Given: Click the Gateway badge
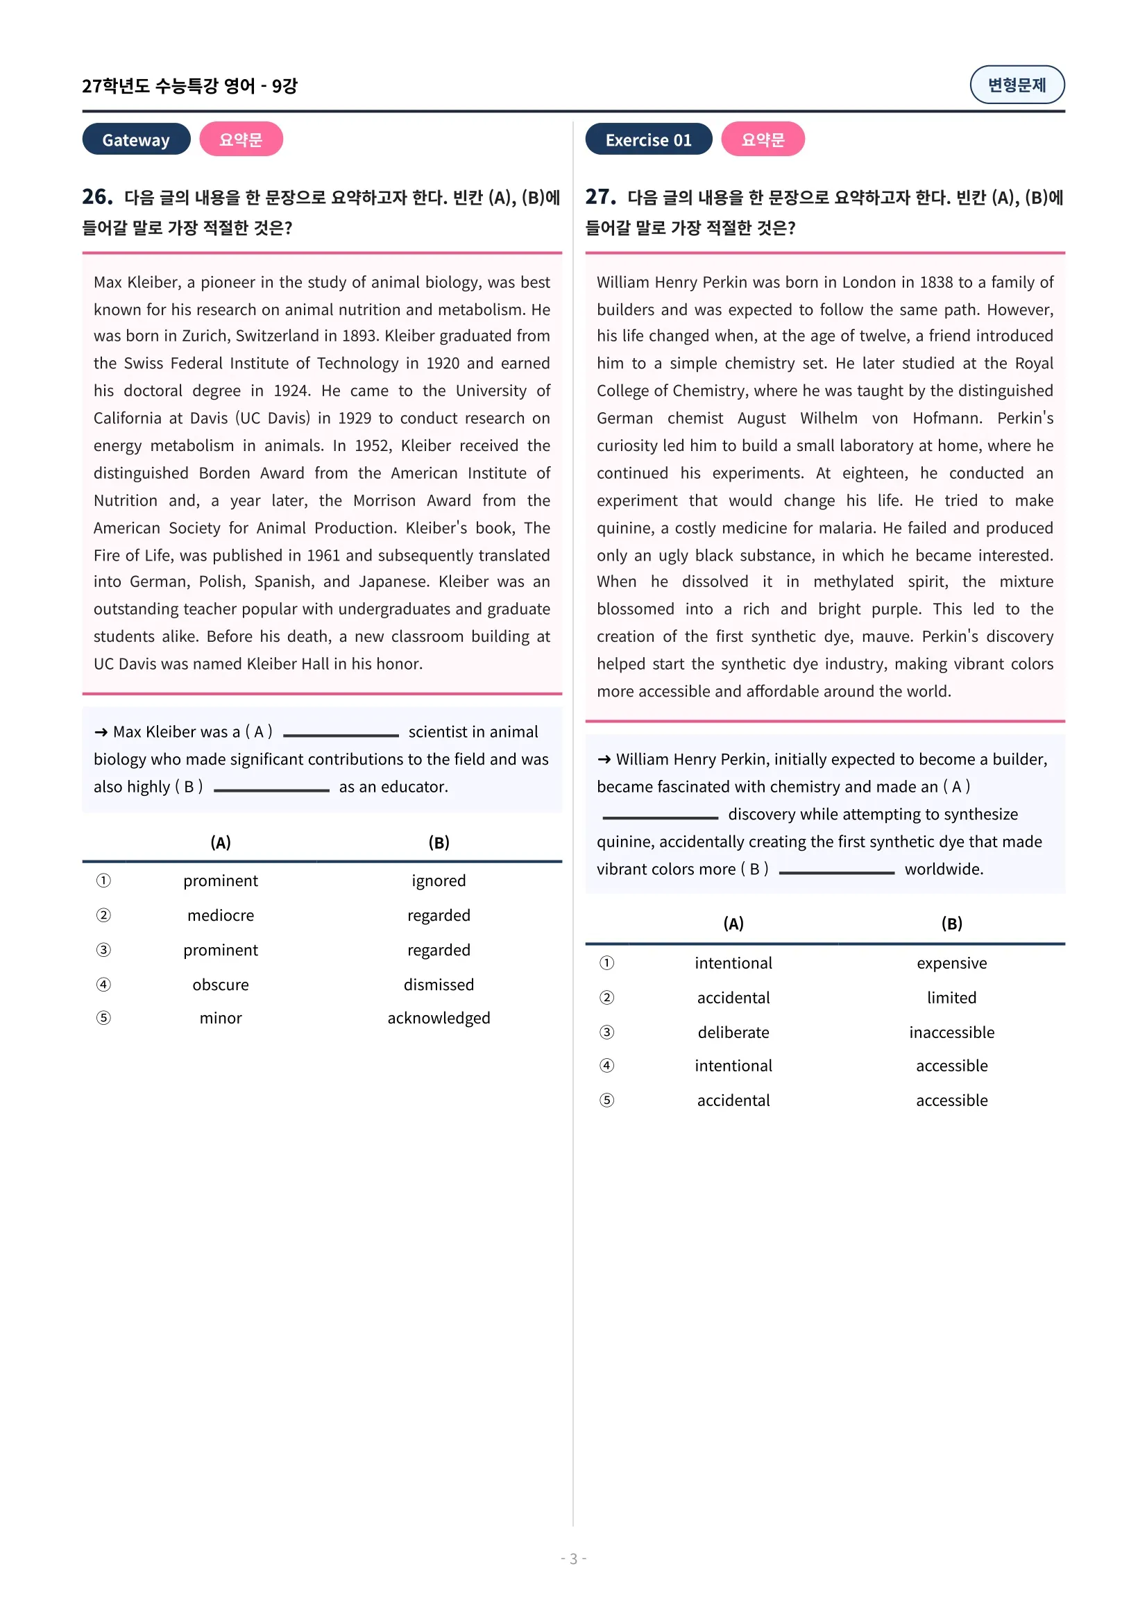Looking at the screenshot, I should [x=136, y=139].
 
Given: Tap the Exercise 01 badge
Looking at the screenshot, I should [x=648, y=139].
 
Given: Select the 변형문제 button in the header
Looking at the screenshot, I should [x=1017, y=85].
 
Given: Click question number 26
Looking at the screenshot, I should [x=98, y=196].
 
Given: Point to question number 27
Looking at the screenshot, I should [x=601, y=196].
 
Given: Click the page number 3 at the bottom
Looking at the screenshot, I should [x=573, y=1558].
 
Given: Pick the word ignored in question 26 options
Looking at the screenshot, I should [x=438, y=881].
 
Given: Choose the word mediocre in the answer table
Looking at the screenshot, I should [x=221, y=915].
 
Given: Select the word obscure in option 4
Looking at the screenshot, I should [x=221, y=985].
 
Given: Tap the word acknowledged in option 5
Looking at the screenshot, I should [x=438, y=1018].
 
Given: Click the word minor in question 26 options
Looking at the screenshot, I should [x=221, y=1018].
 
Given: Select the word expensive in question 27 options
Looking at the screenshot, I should [x=951, y=963].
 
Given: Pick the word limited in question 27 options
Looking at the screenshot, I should [x=951, y=997].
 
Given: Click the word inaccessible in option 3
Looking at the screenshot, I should [x=951, y=1032].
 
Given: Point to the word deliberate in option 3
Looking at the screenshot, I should [x=733, y=1032].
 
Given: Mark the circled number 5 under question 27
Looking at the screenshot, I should [x=606, y=1100].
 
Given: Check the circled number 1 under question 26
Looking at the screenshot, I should [x=103, y=881].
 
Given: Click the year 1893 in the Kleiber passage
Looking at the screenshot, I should [x=359, y=336].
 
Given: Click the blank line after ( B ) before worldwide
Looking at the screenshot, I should [x=836, y=872].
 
